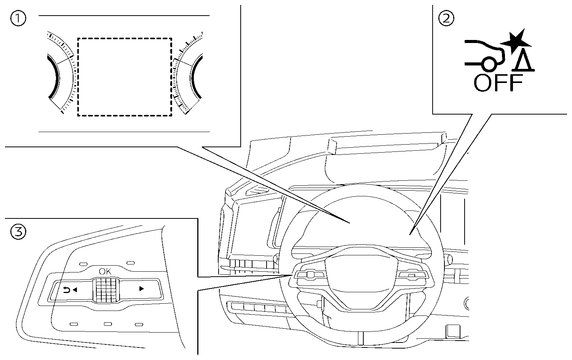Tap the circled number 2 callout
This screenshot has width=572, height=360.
tap(446, 19)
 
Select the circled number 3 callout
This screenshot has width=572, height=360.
tap(18, 231)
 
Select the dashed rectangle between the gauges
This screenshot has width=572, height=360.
tap(125, 76)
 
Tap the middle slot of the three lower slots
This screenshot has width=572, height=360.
tap(108, 324)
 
